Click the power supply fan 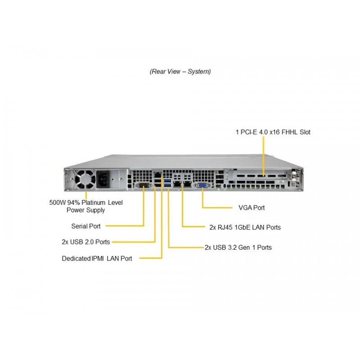85,179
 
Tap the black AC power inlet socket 103,179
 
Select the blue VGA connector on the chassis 202,185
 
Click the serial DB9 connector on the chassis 144,185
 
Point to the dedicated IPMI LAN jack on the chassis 157,175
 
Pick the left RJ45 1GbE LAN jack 177,184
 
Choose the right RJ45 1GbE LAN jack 188,184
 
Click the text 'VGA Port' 252,207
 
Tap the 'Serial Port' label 86,226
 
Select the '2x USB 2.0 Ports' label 85,242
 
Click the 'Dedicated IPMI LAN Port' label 97,258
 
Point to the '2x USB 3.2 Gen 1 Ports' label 238,247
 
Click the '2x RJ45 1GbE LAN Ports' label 245,227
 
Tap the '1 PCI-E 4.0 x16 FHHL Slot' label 273,132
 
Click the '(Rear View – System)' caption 180,72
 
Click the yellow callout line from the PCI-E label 264,157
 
